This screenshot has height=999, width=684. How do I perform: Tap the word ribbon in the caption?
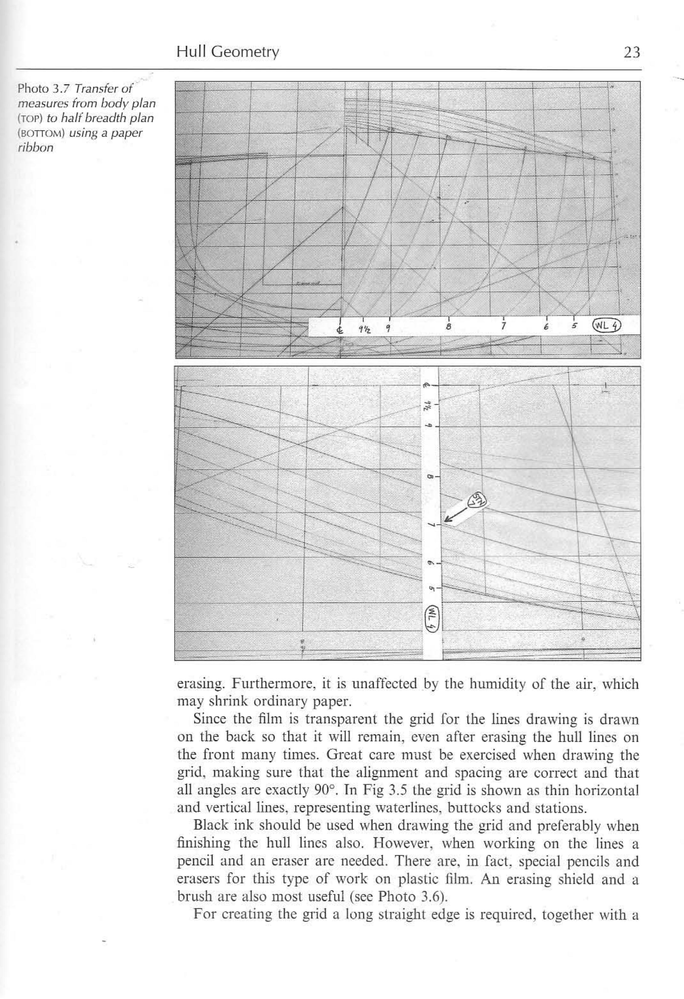tap(36, 148)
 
